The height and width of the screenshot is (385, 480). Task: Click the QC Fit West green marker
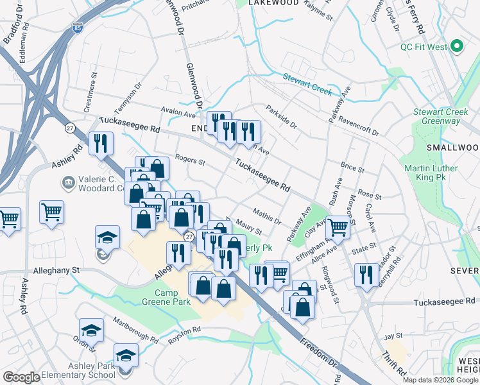click(457, 46)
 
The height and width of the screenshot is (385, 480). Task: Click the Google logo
click(22, 377)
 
